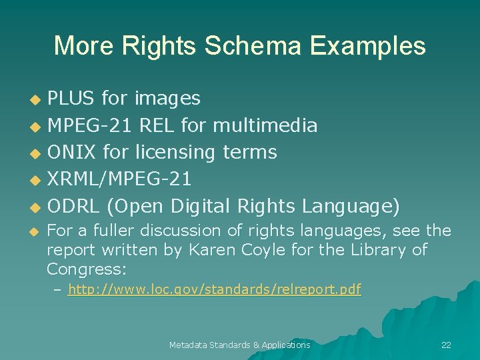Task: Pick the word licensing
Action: (175, 152)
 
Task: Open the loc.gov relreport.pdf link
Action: (214, 290)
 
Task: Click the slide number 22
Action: (446, 345)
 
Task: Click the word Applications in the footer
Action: (286, 345)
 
